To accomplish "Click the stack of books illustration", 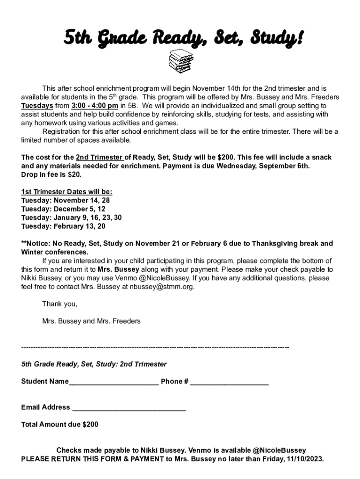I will point(180,63).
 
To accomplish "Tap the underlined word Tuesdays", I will point(37,105).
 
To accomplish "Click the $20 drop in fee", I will point(73,174).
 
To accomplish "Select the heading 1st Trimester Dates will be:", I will point(67,192).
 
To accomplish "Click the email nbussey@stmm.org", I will point(161,287).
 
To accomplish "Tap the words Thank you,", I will point(60,304).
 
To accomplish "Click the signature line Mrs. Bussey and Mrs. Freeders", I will point(91,321).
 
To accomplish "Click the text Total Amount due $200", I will point(60,425).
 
